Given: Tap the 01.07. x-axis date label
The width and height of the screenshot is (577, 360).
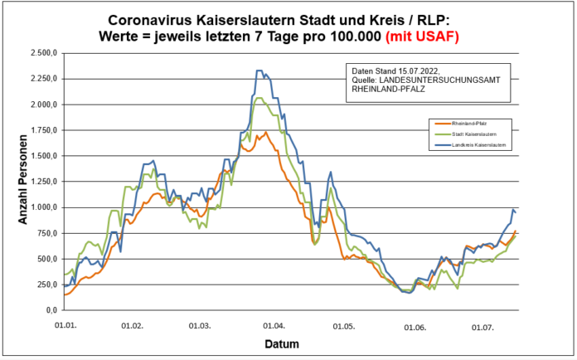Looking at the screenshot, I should coord(483,327).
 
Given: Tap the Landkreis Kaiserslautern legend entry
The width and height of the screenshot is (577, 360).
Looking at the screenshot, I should coord(468,144).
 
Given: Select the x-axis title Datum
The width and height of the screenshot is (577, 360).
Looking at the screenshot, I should coord(282,343).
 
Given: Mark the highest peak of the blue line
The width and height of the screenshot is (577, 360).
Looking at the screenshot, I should coord(259,71).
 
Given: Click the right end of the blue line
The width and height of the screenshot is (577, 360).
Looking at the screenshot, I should coord(516,212).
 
